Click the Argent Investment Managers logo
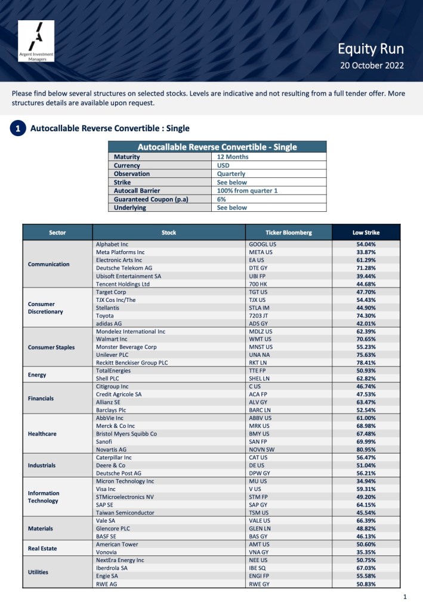[36, 41]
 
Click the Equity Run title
[371, 49]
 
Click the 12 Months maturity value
[232, 157]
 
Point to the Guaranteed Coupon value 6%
[221, 199]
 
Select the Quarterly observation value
[232, 174]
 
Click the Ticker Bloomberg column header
[288, 233]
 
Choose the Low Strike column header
[365, 233]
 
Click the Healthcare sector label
[42, 434]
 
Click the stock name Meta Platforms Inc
[120, 252]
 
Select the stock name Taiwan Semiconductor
[125, 513]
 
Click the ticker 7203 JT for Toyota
[259, 316]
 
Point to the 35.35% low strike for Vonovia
[365, 553]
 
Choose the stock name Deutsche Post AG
[118, 473]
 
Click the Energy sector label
[37, 375]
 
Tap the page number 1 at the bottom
[405, 597]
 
